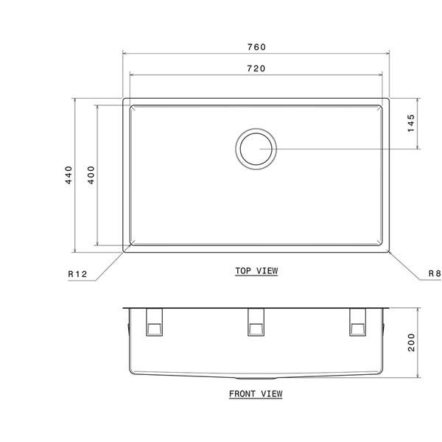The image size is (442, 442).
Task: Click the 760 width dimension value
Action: click(x=256, y=46)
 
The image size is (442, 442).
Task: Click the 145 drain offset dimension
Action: click(x=411, y=122)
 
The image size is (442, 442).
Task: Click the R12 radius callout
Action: click(x=77, y=274)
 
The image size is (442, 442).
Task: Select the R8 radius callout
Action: click(x=434, y=274)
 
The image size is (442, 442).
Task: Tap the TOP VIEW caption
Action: click(x=256, y=270)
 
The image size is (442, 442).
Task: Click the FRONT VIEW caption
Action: click(x=255, y=393)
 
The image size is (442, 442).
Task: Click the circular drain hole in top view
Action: click(x=256, y=148)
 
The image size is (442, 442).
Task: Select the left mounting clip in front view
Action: click(x=155, y=321)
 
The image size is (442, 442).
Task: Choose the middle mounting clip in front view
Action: click(x=256, y=321)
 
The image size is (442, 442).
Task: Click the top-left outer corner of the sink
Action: click(x=123, y=98)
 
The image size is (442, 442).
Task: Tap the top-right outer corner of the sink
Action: click(x=388, y=98)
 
